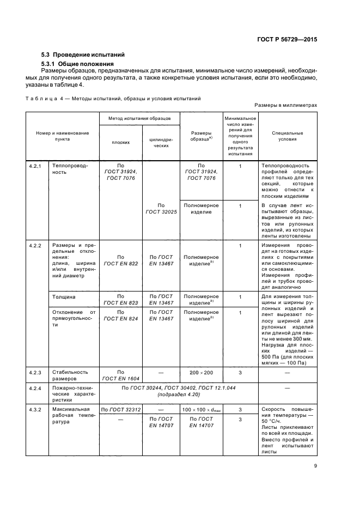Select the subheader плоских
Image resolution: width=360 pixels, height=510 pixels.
[x=120, y=142]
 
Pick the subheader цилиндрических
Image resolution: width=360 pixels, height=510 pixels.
[x=161, y=142]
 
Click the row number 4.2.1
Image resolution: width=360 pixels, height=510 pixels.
[x=36, y=165]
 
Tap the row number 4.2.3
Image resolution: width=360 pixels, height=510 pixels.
[x=36, y=372]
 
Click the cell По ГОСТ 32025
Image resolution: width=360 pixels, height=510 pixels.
[x=161, y=209]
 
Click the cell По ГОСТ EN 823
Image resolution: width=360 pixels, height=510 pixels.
[x=120, y=300]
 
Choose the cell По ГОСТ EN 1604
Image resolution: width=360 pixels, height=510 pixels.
[x=120, y=375]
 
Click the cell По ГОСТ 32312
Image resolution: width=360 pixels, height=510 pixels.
[x=120, y=409]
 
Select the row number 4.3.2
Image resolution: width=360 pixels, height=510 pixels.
[x=36, y=409]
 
